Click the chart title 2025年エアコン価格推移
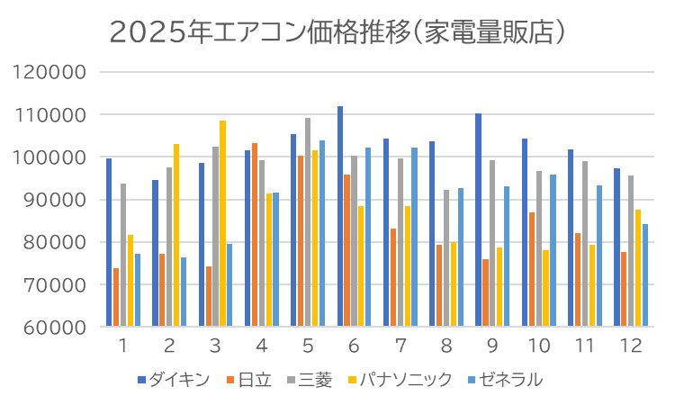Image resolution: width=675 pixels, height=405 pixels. click(x=337, y=32)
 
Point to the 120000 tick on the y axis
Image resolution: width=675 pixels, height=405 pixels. click(x=55, y=72)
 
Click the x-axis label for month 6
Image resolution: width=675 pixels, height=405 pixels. click(x=354, y=346)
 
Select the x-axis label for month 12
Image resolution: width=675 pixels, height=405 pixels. click(x=631, y=346)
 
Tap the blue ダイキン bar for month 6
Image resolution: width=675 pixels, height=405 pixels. click(x=340, y=217)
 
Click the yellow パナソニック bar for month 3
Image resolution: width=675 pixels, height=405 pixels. click(x=223, y=224)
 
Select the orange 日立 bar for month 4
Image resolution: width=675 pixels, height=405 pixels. click(x=255, y=235)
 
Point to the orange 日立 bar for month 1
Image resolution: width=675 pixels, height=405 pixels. click(x=116, y=298)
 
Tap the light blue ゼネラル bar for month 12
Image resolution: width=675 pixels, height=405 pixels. click(x=645, y=275)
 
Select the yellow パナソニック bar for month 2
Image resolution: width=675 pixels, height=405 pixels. click(x=176, y=235)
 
